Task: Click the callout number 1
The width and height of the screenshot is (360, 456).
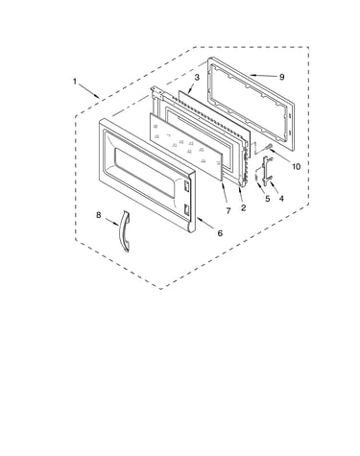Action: pyautogui.click(x=75, y=82)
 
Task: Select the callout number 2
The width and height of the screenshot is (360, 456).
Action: pyautogui.click(x=244, y=208)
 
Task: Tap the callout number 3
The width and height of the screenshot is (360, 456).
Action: pyautogui.click(x=197, y=77)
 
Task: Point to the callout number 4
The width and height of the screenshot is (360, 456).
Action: pyautogui.click(x=281, y=199)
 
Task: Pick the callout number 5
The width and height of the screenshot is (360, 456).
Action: pyautogui.click(x=268, y=199)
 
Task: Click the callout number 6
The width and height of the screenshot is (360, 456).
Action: pyautogui.click(x=220, y=233)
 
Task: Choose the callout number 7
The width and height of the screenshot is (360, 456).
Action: pyautogui.click(x=228, y=211)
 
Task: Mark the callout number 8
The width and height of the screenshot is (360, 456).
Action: pyautogui.click(x=99, y=215)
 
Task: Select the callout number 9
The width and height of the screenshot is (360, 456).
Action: pyautogui.click(x=281, y=77)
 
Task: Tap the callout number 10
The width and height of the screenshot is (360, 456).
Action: pyautogui.click(x=297, y=166)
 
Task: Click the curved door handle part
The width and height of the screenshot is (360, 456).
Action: pyautogui.click(x=123, y=231)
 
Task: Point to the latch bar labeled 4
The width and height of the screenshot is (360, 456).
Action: pyautogui.click(x=266, y=171)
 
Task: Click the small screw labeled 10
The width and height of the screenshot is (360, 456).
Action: pyautogui.click(x=268, y=147)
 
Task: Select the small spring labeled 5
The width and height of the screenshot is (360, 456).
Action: pyautogui.click(x=256, y=177)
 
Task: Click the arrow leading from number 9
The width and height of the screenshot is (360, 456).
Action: pyautogui.click(x=264, y=76)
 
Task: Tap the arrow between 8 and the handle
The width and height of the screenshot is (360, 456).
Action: pyautogui.click(x=111, y=222)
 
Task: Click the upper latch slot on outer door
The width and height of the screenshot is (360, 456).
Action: pyautogui.click(x=187, y=185)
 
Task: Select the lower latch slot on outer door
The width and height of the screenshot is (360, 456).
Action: pyautogui.click(x=186, y=208)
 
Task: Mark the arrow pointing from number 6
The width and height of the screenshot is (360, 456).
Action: pyautogui.click(x=206, y=224)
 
